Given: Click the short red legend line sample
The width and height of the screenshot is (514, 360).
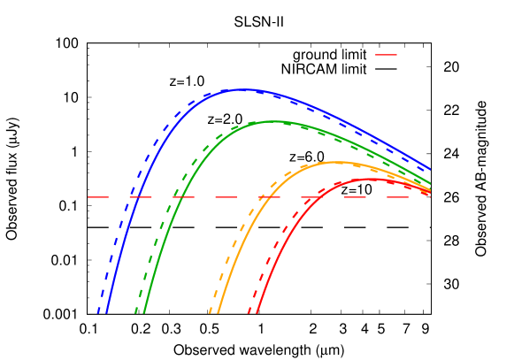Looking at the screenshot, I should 386,55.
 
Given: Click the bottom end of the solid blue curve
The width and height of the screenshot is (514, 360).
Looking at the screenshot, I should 107,311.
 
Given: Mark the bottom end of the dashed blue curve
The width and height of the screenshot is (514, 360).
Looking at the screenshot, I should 98,311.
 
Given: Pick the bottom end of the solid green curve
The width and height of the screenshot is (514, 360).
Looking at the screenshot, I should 144,311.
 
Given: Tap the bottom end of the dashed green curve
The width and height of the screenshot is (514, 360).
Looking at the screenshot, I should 135,311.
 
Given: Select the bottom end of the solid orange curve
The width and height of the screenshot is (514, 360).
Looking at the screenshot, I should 219,311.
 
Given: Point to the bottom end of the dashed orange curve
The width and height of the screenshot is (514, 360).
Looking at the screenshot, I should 210,311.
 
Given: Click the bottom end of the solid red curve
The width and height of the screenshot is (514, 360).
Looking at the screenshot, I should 257,311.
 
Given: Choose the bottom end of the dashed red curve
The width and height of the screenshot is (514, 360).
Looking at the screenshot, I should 249,311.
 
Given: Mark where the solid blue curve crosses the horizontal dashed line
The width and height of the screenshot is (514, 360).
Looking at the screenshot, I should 140,197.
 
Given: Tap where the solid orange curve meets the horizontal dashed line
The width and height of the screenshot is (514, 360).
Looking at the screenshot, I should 263,197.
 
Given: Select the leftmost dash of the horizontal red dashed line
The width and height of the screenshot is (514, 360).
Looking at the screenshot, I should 98,197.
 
